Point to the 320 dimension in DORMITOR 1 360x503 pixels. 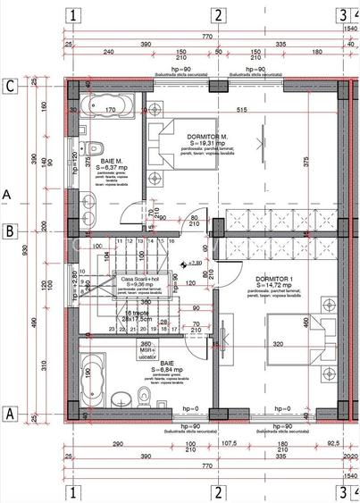278,343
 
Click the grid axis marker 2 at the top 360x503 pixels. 216,14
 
